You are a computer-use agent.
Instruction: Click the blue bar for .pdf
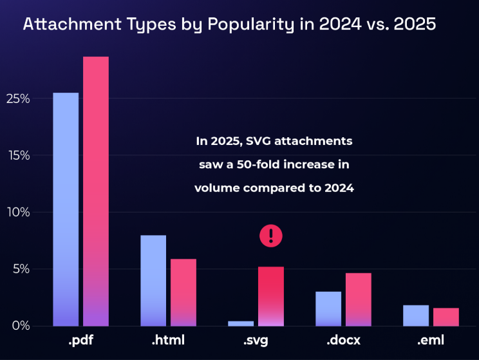[x=66, y=209]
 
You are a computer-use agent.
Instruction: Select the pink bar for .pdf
[x=96, y=191]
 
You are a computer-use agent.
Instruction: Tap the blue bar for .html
[x=153, y=281]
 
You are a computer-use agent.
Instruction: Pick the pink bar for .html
[x=183, y=292]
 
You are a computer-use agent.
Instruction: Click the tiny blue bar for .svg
[x=241, y=324]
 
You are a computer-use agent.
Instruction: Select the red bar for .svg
[x=271, y=296]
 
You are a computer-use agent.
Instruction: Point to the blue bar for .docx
[x=328, y=308]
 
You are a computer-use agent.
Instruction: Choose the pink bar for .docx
[x=359, y=299]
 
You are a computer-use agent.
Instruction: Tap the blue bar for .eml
[x=416, y=316]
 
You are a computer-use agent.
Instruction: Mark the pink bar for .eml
[x=446, y=317]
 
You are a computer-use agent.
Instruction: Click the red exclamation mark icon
[x=271, y=236]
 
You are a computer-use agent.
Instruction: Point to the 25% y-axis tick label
[x=18, y=99]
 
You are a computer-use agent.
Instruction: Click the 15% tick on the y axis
[x=19, y=156]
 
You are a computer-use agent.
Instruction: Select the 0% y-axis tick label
[x=21, y=326]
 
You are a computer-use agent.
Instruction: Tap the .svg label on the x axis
[x=256, y=340]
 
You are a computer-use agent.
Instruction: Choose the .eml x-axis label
[x=431, y=340]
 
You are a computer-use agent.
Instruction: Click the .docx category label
[x=343, y=340]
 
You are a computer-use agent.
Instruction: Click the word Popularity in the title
[x=251, y=24]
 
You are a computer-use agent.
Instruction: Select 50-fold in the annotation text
[x=258, y=164]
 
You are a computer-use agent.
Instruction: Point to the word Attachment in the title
[x=72, y=24]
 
